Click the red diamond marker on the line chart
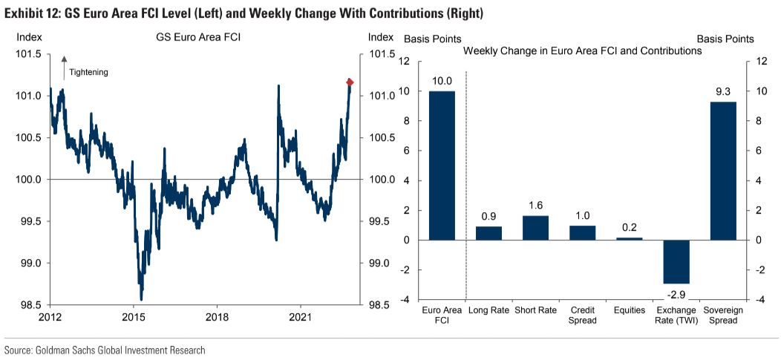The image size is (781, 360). (350, 82)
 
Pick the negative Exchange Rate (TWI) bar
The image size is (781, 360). (676, 261)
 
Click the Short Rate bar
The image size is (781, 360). (536, 228)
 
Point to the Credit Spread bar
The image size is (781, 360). (582, 232)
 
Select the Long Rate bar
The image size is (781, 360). (488, 233)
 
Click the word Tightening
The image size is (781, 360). (88, 72)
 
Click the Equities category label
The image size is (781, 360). (629, 310)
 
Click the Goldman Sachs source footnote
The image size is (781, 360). (105, 350)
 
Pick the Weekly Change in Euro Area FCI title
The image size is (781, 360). (582, 51)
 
